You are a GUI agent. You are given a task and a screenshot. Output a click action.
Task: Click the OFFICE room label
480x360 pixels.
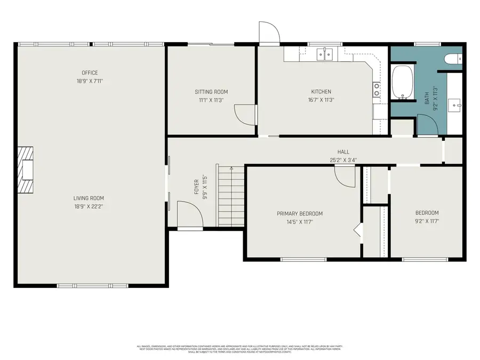(90, 73)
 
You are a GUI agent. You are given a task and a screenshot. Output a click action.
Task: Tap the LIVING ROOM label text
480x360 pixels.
(88, 198)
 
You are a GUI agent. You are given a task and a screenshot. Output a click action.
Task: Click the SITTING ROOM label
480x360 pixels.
(211, 92)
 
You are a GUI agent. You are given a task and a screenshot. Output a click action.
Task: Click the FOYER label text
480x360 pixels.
(196, 188)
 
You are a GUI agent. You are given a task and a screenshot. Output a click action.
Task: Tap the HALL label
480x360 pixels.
(343, 152)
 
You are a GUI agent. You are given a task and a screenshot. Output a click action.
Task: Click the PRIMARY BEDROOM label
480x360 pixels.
(299, 214)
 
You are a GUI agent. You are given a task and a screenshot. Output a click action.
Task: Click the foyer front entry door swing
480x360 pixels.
(190, 215)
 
